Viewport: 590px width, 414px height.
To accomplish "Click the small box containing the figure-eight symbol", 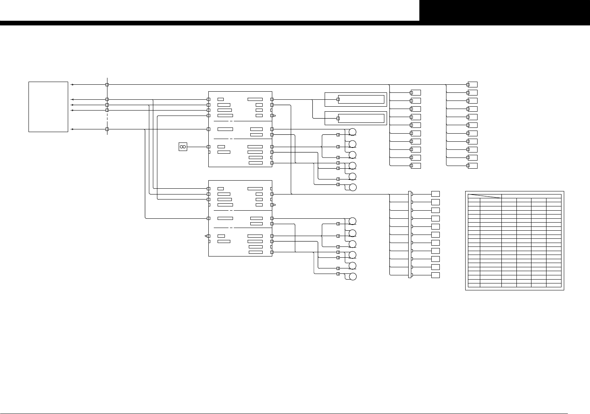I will coord(183,147).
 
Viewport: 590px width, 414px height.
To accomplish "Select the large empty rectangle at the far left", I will coord(49,107).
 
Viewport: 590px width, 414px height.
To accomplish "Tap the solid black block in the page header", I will coord(505,10).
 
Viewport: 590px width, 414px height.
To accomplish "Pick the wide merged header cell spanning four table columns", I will coord(531,196).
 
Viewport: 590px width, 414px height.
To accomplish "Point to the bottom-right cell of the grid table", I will coord(553,285).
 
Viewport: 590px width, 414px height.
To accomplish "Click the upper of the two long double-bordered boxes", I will coord(355,99).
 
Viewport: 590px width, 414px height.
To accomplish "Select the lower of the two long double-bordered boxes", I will coord(355,118).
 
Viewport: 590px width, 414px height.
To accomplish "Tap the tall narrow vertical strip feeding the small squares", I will coord(410,235).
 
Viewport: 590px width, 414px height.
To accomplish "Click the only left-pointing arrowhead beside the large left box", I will coord(72,99).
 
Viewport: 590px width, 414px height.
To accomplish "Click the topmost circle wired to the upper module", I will coord(352,132).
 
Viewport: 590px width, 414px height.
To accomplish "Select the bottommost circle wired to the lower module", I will coord(352,277).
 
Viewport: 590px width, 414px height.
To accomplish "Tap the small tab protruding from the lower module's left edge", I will coord(207,236).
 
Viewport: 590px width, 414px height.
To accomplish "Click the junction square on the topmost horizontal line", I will coord(107,84).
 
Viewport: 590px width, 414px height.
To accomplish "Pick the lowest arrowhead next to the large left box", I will coord(72,129).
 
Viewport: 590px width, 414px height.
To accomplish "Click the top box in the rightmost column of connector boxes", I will coord(473,84).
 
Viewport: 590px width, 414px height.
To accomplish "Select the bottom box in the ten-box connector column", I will coord(416,166).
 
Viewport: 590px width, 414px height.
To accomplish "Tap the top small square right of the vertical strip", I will coord(436,194).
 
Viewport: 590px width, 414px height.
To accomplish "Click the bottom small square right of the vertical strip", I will coord(436,275).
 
